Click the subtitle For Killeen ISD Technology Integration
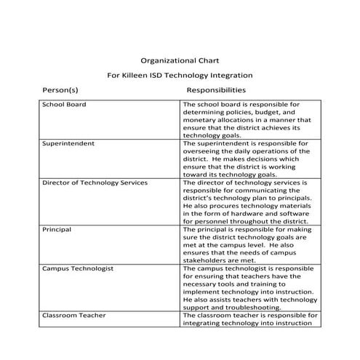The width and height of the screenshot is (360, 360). tap(180, 75)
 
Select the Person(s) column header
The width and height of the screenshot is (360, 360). tap(60, 90)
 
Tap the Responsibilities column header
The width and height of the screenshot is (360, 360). tap(216, 90)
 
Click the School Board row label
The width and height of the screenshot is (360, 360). tap(64, 105)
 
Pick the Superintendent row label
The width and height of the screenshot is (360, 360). tap(68, 144)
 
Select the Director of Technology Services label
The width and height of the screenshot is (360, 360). tap(95, 183)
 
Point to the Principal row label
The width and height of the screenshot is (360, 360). tap(57, 229)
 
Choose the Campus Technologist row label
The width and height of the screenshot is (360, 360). tap(78, 268)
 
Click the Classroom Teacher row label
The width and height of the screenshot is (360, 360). tap(74, 316)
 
